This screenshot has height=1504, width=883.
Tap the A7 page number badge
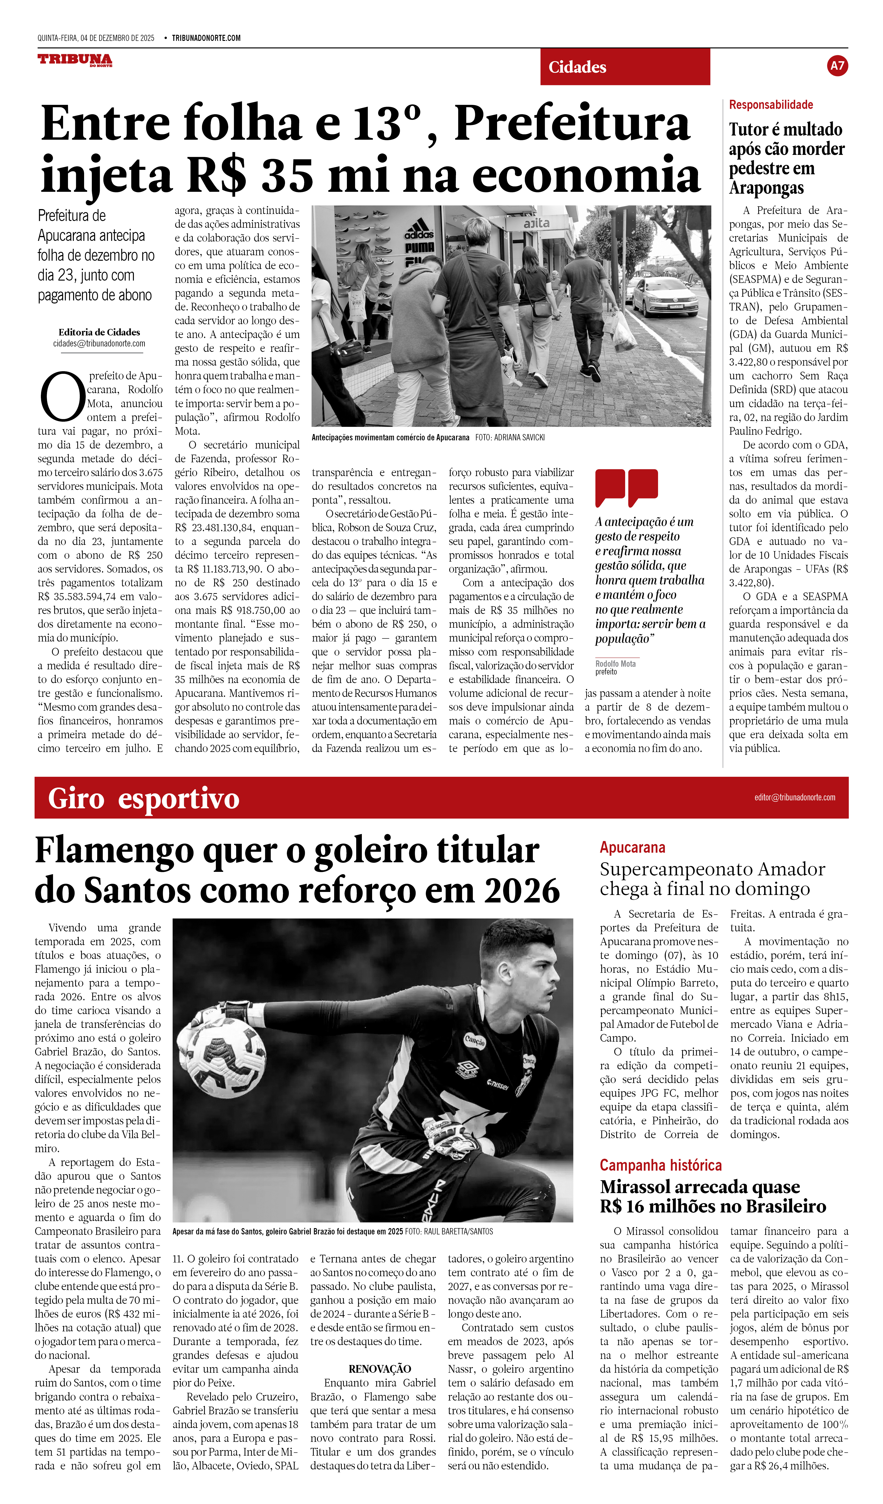[837, 66]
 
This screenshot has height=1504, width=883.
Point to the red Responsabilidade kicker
[771, 105]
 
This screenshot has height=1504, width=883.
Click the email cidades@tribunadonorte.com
[99, 344]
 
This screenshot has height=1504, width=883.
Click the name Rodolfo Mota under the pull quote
[615, 664]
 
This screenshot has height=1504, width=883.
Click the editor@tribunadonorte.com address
[795, 797]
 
